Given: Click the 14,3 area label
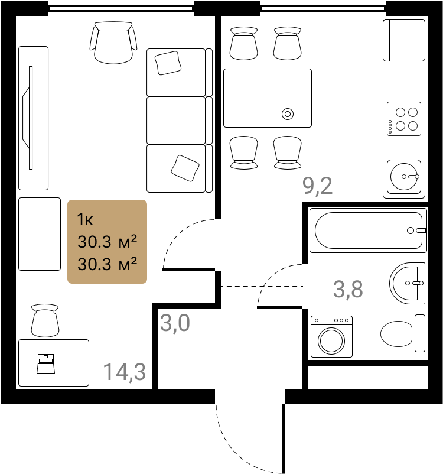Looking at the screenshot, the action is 125,372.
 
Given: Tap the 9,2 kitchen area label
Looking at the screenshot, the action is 317,186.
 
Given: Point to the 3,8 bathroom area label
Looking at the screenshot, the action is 348,289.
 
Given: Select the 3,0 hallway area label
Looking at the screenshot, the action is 175,323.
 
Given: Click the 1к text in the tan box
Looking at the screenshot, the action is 85,220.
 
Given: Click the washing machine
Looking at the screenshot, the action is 331,336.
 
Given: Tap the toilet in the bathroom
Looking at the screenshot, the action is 403,333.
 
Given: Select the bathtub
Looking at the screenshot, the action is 368,230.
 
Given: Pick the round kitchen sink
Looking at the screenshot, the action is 404,177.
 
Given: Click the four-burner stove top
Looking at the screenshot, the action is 404,119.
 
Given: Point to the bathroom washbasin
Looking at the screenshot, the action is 407,283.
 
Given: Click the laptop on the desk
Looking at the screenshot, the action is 45,363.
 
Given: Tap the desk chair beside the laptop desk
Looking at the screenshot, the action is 45,320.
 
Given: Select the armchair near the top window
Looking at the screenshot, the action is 113,43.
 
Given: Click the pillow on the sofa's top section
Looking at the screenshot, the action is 168,63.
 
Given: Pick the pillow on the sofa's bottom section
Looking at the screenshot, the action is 185,168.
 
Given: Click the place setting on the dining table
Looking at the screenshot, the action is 286,114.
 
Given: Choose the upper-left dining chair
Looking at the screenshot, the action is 243,44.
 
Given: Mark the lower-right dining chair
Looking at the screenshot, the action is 288,152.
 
